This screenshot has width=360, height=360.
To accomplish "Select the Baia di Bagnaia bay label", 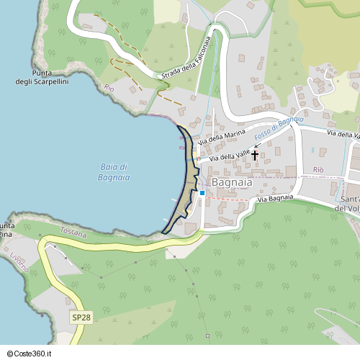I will click(114, 171).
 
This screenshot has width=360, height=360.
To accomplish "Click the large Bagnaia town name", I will click(232, 183).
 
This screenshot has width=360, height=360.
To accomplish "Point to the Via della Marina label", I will click(223, 137).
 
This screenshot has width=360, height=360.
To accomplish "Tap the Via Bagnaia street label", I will click(276, 198).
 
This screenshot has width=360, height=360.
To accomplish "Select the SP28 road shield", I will click(81, 318).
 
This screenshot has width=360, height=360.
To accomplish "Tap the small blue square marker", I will click(202, 193).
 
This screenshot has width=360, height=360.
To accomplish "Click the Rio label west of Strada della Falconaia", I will click(109, 88).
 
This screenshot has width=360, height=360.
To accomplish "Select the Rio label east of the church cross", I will click(318, 169).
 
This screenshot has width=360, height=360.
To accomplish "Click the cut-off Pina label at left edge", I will click(6, 234).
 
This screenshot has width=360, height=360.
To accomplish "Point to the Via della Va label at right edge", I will click(343, 135).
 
